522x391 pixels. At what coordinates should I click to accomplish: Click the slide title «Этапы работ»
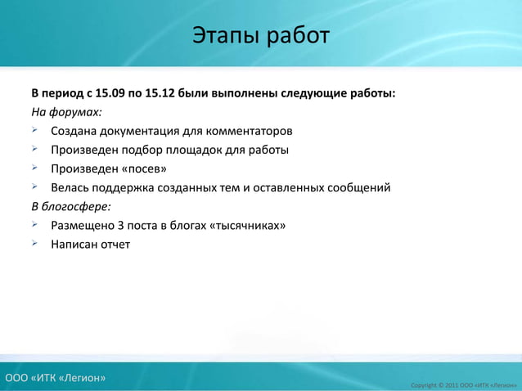(261, 36)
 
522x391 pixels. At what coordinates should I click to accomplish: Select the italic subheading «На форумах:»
(67, 112)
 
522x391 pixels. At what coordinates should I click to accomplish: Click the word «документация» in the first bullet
(140, 131)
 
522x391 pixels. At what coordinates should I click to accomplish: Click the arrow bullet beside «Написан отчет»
(36, 243)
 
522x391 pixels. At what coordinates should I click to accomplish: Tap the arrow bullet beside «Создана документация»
(36, 130)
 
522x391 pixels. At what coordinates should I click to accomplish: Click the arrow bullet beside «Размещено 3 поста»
(36, 224)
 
